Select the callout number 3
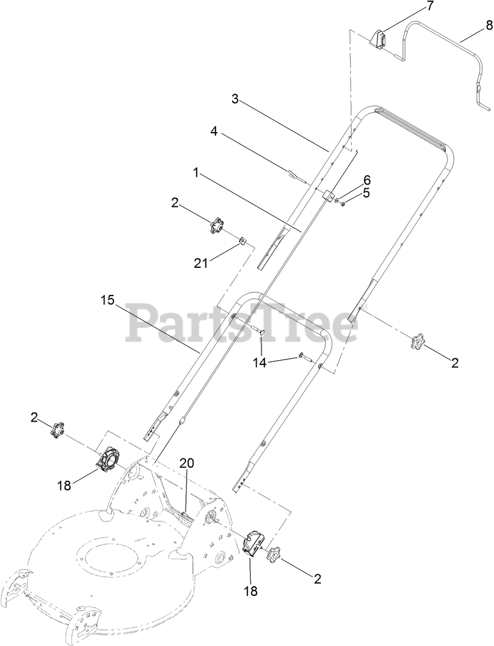pos(236,99)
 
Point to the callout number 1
pos(196,173)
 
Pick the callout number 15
pos(107,300)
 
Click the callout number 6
pos(367,180)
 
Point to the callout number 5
pos(367,194)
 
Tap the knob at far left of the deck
pos(58,430)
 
